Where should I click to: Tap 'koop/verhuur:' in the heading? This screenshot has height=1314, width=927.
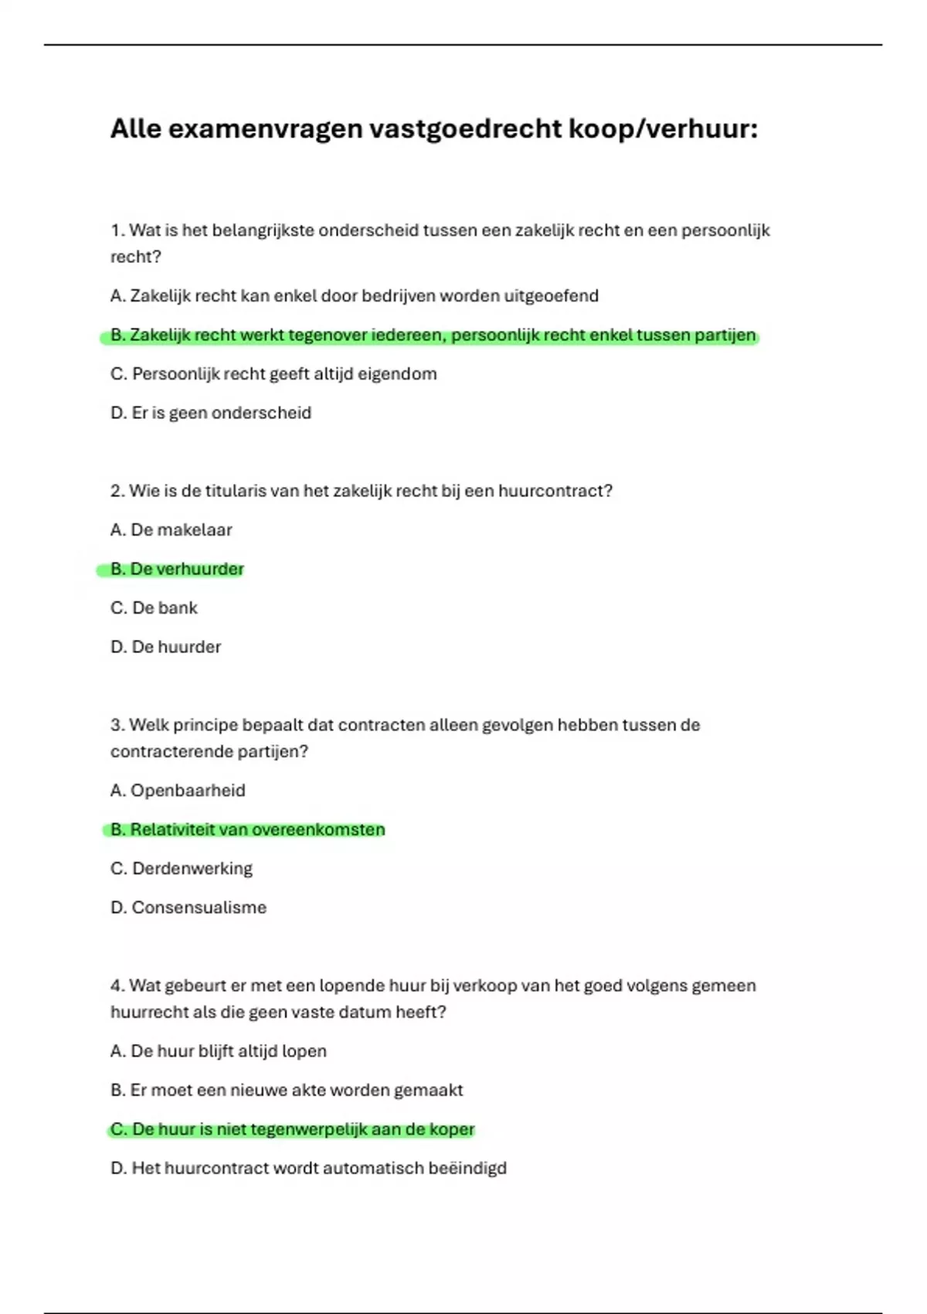point(663,129)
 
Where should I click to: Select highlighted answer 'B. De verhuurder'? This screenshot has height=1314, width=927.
point(177,570)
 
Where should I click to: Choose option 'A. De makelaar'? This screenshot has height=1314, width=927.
point(171,530)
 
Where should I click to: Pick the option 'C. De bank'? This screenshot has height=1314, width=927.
point(154,608)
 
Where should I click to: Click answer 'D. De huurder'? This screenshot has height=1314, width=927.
point(165,647)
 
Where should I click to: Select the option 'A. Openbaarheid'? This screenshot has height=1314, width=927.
point(178,791)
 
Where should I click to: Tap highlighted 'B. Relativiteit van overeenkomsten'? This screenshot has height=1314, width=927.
point(247,830)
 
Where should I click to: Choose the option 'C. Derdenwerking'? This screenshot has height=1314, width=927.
point(182,869)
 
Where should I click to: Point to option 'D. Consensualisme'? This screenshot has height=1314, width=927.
point(188,907)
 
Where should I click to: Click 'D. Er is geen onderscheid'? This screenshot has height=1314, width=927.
point(210,413)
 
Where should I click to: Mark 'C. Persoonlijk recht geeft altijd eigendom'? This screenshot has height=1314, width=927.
point(273,374)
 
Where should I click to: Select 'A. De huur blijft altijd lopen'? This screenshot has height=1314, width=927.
point(219,1051)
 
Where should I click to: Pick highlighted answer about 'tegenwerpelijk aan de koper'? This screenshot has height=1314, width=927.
point(292,1129)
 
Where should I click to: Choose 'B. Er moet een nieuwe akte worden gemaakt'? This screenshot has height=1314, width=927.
point(287,1091)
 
